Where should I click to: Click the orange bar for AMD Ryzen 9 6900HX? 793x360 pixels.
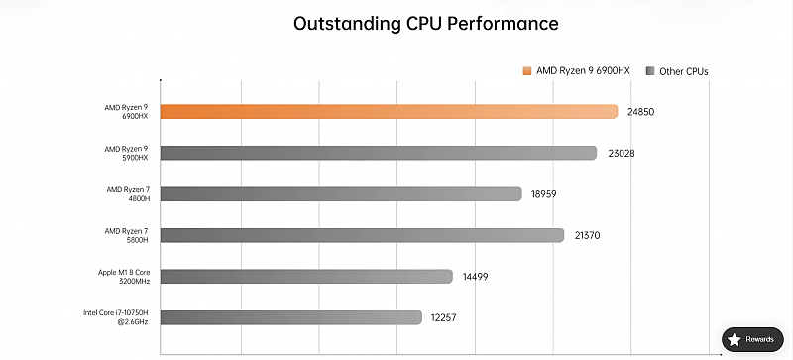coord(389,111)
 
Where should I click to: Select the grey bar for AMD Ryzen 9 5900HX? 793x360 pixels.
coord(379,153)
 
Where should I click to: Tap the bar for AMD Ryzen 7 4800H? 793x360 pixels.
coord(341,194)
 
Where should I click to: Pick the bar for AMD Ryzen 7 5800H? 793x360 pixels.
coord(362,235)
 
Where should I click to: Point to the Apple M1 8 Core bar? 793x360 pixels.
coord(306,276)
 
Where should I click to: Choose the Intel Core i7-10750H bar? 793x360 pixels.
coord(290,317)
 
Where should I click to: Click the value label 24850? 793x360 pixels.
coord(640,112)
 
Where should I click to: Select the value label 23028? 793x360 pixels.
coord(622,153)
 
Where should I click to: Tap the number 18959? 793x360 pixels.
coord(543,194)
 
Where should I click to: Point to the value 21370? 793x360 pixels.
coord(587,235)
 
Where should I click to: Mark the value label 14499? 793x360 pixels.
coord(475,277)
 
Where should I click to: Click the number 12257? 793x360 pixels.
coord(443,318)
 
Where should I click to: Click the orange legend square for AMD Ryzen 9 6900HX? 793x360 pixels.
coord(527,71)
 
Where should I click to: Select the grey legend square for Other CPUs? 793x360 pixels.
coord(650,71)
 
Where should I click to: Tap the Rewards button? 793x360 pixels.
coord(752,340)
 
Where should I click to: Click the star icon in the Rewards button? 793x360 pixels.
coord(735,340)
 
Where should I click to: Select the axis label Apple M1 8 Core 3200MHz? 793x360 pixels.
coord(124,277)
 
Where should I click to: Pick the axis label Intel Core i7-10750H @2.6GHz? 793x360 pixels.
coord(116,317)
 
